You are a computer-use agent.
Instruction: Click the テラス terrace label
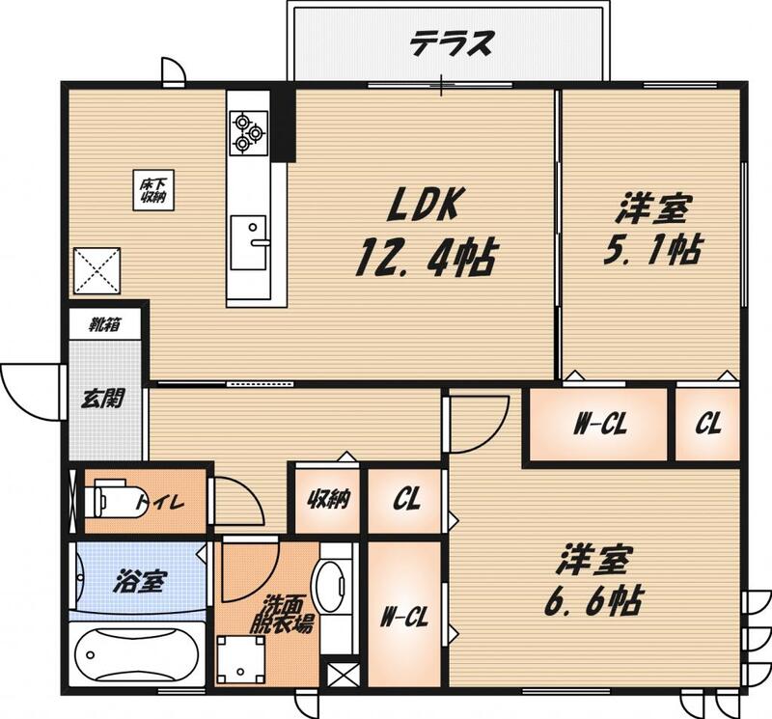click(x=451, y=43)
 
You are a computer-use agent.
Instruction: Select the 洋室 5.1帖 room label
click(x=653, y=231)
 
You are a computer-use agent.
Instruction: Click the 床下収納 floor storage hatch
click(x=153, y=190)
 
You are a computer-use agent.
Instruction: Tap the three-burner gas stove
click(x=249, y=132)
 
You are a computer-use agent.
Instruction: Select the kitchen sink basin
click(x=249, y=242)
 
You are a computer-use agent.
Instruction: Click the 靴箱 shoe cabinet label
click(x=105, y=325)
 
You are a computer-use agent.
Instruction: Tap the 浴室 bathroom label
click(x=139, y=581)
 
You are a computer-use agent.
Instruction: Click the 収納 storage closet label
click(x=329, y=500)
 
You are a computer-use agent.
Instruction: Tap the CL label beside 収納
click(x=406, y=500)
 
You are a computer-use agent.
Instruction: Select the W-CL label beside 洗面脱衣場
click(x=404, y=616)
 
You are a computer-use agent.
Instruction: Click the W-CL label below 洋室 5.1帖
click(x=600, y=424)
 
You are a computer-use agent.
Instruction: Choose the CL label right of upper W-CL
click(x=708, y=423)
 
